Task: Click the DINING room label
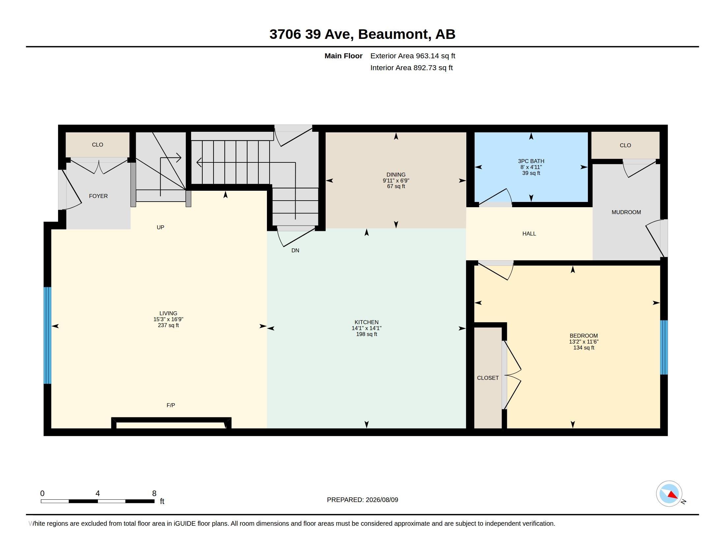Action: [396, 175]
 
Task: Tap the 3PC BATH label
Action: [531, 161]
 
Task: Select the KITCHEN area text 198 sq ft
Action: [366, 334]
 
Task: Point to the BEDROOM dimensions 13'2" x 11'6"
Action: [584, 342]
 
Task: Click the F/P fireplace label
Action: [171, 405]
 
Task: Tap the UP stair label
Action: [160, 227]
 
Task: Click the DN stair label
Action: [295, 250]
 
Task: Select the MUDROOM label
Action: [626, 212]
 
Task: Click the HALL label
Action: [529, 234]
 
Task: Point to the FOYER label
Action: [98, 196]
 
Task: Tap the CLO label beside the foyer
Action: [98, 145]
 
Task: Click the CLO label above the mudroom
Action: [625, 145]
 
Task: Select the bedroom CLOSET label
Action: [488, 378]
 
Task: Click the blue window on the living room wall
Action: [47, 335]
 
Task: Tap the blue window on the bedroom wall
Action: [664, 347]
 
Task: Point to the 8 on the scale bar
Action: [154, 493]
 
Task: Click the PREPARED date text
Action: [362, 500]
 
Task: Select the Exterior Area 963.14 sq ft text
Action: [413, 56]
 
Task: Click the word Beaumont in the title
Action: [393, 34]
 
